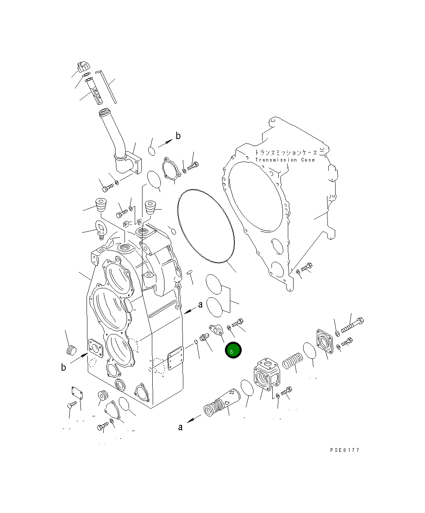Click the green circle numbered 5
tap(233, 350)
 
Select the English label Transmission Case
tap(285, 160)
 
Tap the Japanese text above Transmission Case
tap(286, 153)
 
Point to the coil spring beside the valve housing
tap(292, 360)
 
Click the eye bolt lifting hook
tap(100, 229)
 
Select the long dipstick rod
tap(106, 86)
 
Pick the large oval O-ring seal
tap(206, 226)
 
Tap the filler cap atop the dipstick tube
tap(84, 66)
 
